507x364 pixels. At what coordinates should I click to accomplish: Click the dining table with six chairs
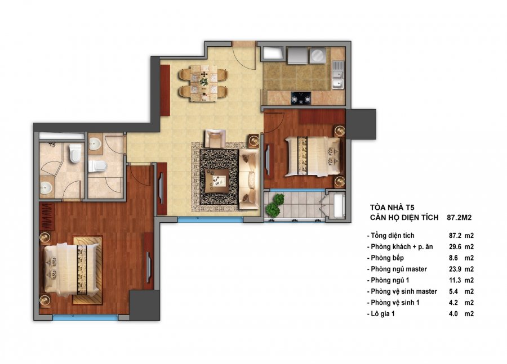click(203, 83)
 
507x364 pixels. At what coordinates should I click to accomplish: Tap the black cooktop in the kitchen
click(301, 98)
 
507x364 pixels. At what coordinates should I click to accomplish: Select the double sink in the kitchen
click(338, 75)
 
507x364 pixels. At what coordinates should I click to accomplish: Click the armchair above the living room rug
click(215, 138)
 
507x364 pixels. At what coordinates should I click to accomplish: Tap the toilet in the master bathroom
click(75, 153)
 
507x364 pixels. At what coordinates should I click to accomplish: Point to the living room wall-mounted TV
click(161, 188)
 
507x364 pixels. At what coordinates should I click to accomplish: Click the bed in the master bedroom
click(72, 269)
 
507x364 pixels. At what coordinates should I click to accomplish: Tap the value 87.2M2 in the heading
click(459, 218)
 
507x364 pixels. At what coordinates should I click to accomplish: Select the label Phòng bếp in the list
click(387, 258)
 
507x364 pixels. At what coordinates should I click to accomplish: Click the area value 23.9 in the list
click(454, 269)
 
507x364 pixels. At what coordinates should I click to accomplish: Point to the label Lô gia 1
click(383, 313)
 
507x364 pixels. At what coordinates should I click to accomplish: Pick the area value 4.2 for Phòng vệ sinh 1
click(453, 303)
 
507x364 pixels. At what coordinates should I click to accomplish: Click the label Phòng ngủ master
click(399, 269)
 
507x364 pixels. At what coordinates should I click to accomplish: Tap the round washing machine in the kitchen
click(318, 56)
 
